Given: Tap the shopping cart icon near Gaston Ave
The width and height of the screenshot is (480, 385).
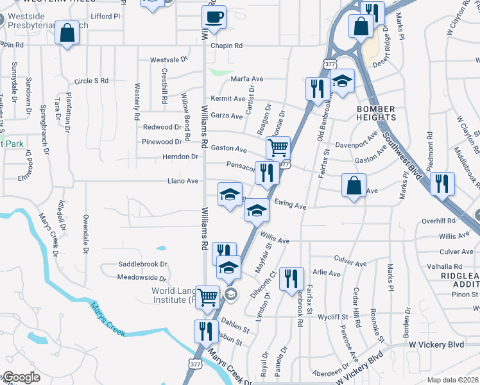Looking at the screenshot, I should [x=278, y=148].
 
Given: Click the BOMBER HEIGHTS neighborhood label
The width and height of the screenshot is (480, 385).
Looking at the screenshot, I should [x=376, y=113].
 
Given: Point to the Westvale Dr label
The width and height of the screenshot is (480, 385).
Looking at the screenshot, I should [x=168, y=60].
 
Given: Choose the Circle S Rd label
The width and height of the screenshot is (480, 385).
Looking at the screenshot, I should [x=91, y=81].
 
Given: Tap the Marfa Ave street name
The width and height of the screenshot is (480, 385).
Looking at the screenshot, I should [x=248, y=79].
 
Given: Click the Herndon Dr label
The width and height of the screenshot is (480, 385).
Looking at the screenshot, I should [x=180, y=157].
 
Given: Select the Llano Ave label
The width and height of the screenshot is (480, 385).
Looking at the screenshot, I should [x=183, y=182].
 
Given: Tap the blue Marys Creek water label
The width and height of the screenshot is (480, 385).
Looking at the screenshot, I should [x=106, y=318].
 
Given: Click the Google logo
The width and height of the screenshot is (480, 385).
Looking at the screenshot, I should [x=21, y=377].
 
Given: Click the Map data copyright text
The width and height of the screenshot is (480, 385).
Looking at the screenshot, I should [x=453, y=380].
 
